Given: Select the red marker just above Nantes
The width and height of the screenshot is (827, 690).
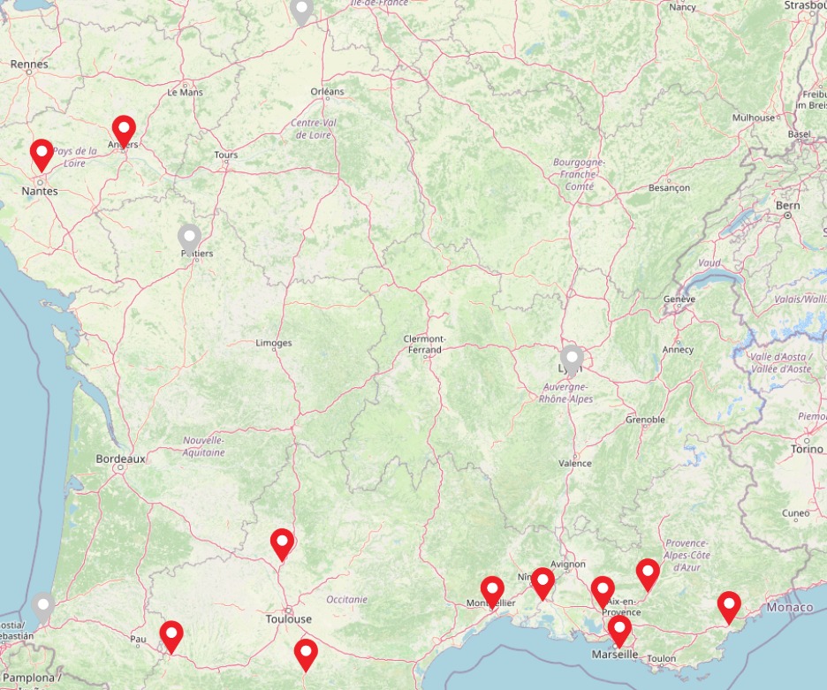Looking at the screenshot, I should [x=42, y=155].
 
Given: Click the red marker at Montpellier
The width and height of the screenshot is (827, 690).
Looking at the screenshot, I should [x=492, y=590].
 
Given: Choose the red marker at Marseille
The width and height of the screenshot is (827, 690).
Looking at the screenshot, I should [x=619, y=631].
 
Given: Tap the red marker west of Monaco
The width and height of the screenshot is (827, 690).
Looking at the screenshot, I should [x=729, y=606].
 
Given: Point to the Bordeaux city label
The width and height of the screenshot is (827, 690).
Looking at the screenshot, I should [x=120, y=459].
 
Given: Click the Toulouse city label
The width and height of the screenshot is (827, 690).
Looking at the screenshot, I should [x=289, y=619].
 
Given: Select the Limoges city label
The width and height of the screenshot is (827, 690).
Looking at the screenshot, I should [x=273, y=343].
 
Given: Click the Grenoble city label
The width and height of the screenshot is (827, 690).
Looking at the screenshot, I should [x=645, y=420].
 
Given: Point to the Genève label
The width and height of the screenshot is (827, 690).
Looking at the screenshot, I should [x=679, y=300].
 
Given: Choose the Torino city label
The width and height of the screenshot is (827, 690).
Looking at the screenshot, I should [x=806, y=449].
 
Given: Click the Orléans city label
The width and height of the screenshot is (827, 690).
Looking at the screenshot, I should [x=327, y=92].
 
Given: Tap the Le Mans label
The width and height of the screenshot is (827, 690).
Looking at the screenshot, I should [x=185, y=92].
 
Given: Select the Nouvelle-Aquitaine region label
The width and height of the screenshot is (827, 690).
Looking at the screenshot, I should [x=204, y=446].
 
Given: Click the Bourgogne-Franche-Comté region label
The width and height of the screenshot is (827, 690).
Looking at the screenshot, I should [x=579, y=174].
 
